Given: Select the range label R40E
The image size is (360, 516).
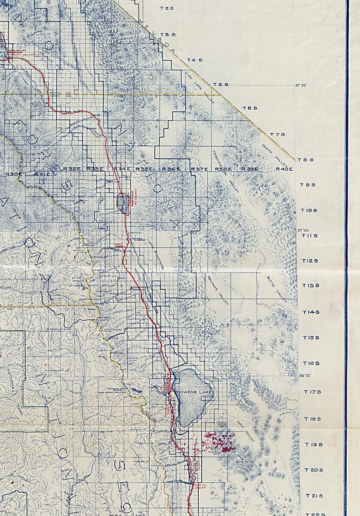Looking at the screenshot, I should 284,169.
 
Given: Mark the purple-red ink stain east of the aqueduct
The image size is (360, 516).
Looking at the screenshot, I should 219,441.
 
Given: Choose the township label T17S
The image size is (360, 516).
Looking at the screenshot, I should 312,392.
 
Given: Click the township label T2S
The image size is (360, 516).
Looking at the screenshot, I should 166,8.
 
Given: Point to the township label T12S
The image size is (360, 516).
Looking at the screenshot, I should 310,261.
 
